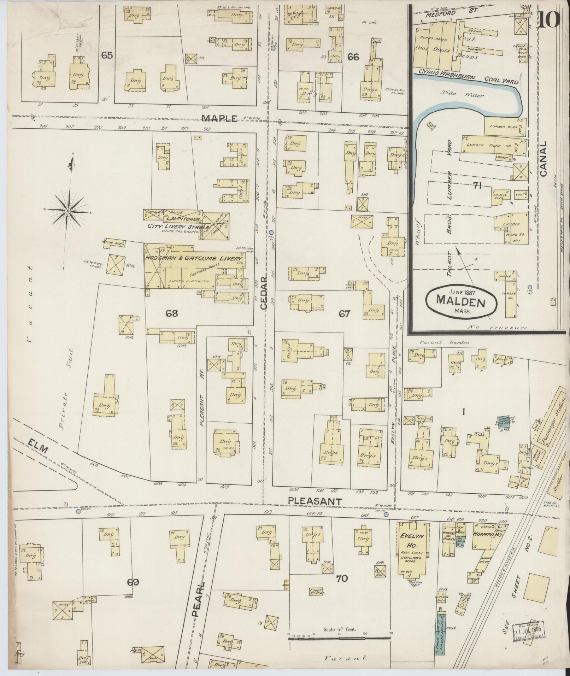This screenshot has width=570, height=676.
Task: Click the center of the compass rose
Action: click(x=67, y=211)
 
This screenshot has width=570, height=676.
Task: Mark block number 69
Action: click(x=133, y=582)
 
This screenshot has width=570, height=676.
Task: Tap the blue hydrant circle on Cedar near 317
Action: click(x=271, y=233)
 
